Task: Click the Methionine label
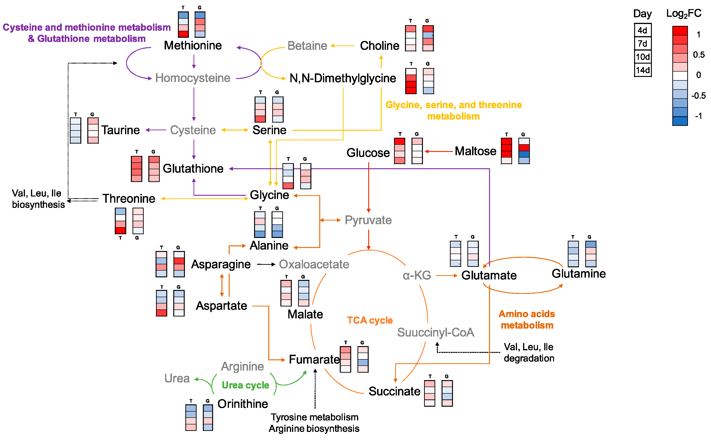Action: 193,45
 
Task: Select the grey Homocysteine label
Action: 193,78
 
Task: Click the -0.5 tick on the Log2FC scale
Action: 698,96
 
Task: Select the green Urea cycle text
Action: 245,385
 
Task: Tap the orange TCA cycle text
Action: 370,320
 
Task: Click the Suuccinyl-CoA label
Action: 435,332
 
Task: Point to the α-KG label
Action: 416,275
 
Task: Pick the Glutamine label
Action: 578,274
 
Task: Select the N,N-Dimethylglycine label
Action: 343,78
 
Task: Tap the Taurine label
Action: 120,130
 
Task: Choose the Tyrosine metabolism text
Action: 314,417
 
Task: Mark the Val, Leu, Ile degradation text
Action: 528,352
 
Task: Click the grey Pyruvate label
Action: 368,220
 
